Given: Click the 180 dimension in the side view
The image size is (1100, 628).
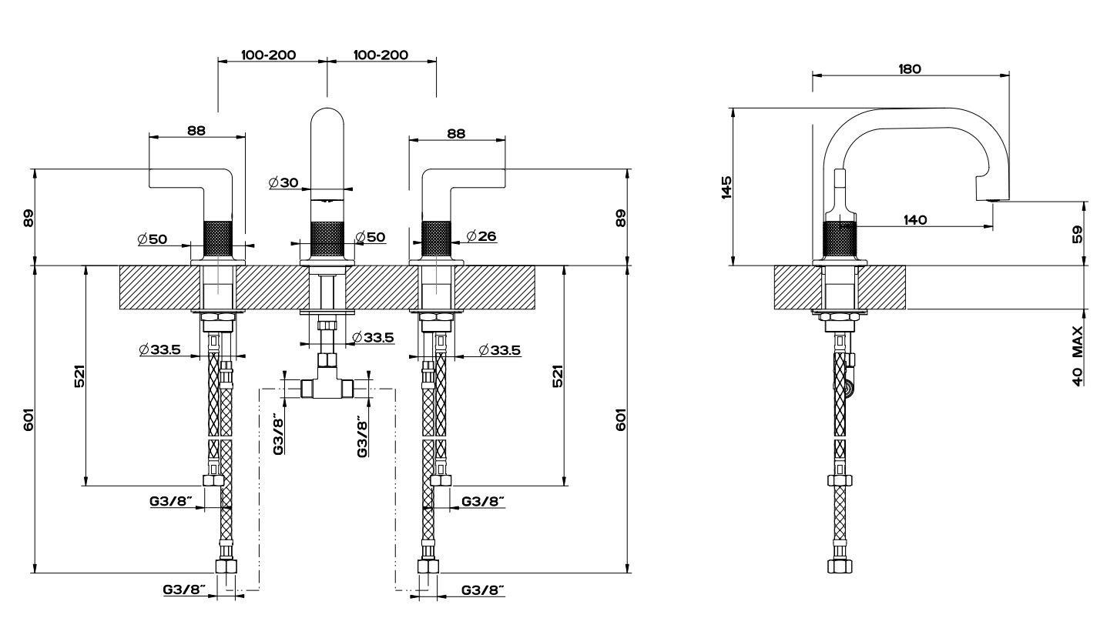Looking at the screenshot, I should coord(910,68).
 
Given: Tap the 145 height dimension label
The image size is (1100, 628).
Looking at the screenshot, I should coord(726,187).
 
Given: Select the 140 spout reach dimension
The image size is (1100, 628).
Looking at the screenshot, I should coord(914,220).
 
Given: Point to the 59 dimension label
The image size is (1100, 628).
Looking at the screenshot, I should coord(1077,233).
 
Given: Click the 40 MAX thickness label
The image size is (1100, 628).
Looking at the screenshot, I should coord(1077,356).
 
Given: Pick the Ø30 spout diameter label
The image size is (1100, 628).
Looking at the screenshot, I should coord(283,182).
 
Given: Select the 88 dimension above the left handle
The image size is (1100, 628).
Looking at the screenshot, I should coord(196,131).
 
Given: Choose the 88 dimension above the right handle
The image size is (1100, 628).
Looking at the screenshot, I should coord(456,133).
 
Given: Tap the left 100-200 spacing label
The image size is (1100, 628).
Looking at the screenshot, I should coord(269,55).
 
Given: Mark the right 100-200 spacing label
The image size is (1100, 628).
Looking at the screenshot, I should coord(381,55).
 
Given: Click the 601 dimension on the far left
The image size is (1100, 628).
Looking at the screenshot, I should coord(29,419).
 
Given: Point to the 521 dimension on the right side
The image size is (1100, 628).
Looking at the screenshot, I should coord(558,376).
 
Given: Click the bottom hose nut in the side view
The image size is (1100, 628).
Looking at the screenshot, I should coord(840,566).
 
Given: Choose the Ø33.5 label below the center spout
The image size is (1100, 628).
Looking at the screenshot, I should coord(373,337).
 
